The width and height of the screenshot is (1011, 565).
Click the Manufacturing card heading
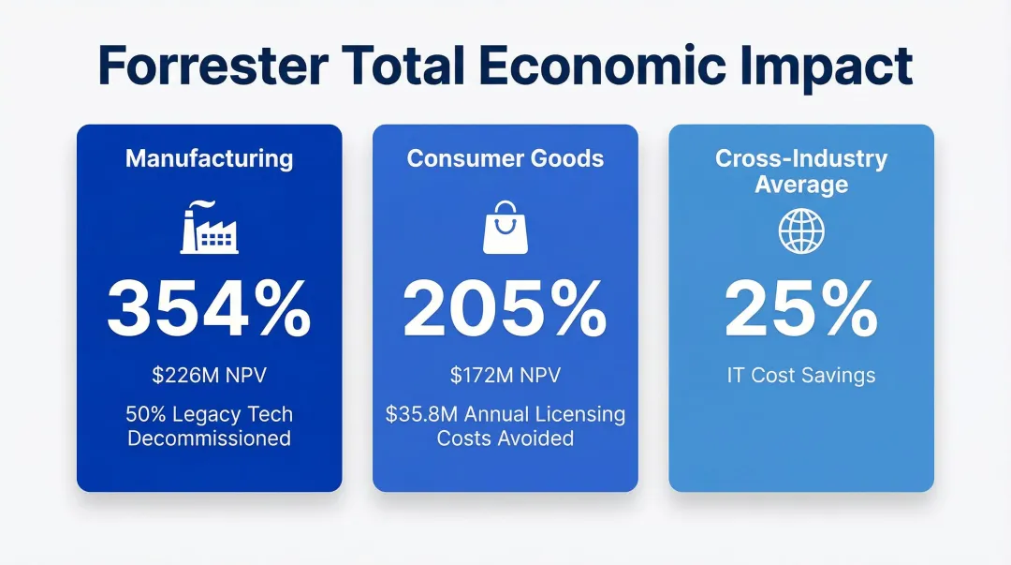tap(209, 158)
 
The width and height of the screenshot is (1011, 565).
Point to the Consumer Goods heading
tap(505, 158)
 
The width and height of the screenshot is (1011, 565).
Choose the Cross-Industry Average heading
tap(801, 171)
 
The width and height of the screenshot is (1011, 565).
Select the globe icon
tap(801, 230)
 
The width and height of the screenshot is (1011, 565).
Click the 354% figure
tap(209, 310)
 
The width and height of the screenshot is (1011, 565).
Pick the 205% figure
tap(505, 310)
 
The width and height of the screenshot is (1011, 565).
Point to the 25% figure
tap(801, 310)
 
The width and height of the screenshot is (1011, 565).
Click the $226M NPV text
tap(209, 376)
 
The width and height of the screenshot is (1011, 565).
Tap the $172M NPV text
tap(505, 376)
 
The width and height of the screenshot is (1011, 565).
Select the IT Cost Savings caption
tap(801, 376)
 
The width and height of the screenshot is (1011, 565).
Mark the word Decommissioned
tap(209, 438)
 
